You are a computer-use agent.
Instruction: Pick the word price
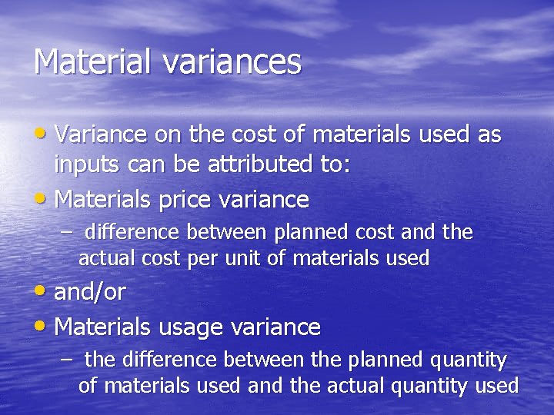pyautogui.click(x=186, y=201)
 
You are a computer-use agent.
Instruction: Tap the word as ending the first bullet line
pyautogui.click(x=489, y=136)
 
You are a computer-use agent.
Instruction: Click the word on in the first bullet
pyautogui.click(x=166, y=136)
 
